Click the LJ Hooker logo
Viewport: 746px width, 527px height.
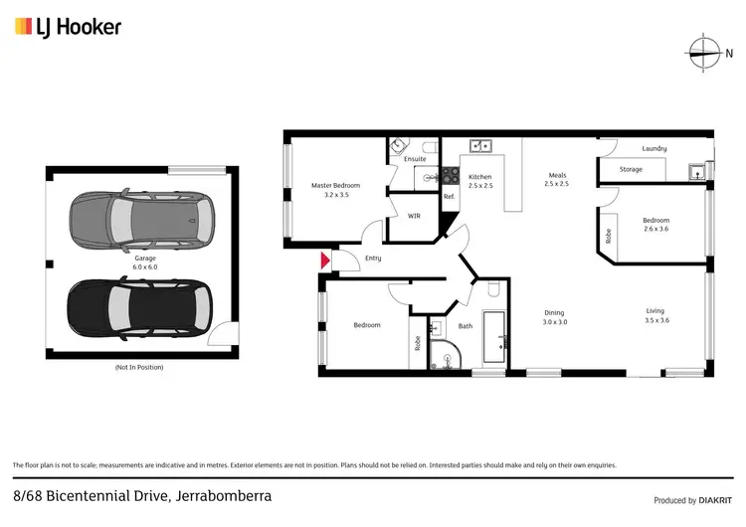pyautogui.click(x=68, y=27)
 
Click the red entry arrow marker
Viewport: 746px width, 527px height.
pyautogui.click(x=324, y=261)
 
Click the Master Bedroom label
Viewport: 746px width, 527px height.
pyautogui.click(x=335, y=190)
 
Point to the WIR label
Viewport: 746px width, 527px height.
pyautogui.click(x=414, y=215)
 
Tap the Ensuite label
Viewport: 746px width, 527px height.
pyautogui.click(x=415, y=159)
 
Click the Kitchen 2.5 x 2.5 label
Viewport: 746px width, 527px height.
pyautogui.click(x=480, y=181)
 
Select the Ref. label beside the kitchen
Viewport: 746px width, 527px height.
pyautogui.click(x=449, y=197)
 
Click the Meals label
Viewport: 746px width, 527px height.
pyautogui.click(x=556, y=179)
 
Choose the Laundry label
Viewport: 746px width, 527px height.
pyautogui.click(x=653, y=149)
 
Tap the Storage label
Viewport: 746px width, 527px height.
pyautogui.click(x=631, y=170)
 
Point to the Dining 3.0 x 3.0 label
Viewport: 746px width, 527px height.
pyautogui.click(x=554, y=317)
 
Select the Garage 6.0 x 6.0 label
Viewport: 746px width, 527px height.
pyautogui.click(x=145, y=263)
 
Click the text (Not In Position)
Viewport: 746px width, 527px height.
pyautogui.click(x=138, y=368)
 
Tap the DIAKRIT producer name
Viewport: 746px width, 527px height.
pyautogui.click(x=713, y=500)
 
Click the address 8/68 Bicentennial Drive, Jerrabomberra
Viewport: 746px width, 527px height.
pyautogui.click(x=142, y=495)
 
